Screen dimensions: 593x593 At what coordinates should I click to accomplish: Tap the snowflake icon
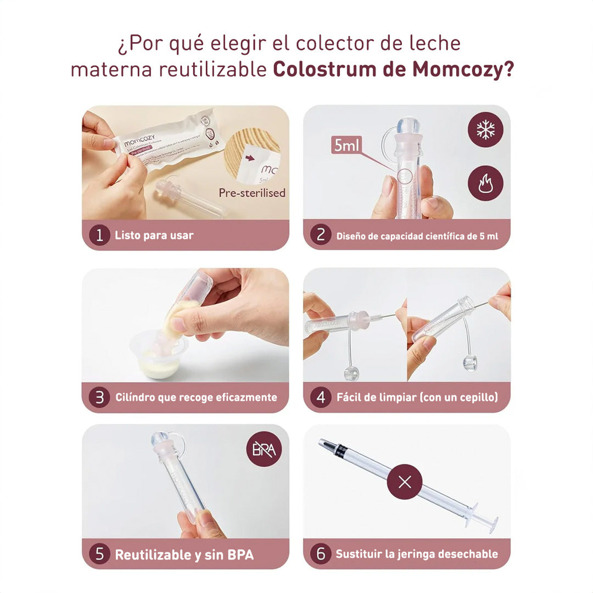click(x=485, y=130)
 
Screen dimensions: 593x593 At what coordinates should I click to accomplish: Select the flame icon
click(x=485, y=183)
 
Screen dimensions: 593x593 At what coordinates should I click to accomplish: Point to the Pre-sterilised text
click(x=252, y=193)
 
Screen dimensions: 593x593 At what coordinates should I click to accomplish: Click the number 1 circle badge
click(x=99, y=236)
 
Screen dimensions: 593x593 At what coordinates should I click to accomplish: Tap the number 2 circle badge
click(x=321, y=236)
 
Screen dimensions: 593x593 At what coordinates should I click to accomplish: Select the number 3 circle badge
click(x=99, y=398)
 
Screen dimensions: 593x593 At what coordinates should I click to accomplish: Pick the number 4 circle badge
click(x=321, y=398)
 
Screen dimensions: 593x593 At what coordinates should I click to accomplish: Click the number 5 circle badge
click(x=99, y=554)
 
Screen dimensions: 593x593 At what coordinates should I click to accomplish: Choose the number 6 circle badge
click(x=321, y=554)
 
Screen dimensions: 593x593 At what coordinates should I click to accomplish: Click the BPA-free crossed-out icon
click(x=264, y=449)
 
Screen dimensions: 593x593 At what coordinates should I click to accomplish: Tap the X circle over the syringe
click(x=405, y=482)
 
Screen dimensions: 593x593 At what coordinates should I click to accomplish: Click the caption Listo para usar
click(x=154, y=236)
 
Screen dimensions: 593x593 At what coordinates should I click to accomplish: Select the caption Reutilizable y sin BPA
click(x=184, y=555)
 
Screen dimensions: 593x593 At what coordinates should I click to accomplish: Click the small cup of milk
click(x=159, y=360)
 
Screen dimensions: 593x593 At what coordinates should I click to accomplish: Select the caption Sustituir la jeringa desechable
click(x=417, y=554)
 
